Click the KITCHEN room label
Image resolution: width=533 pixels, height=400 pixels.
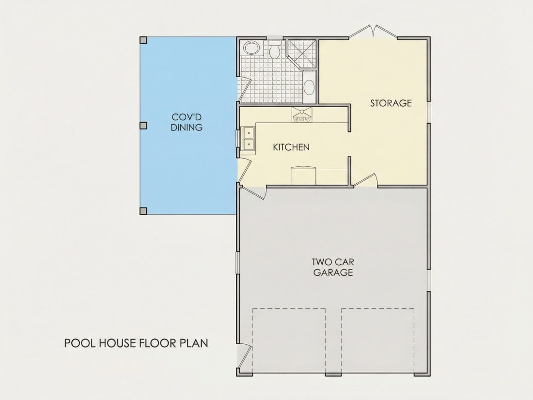pyautogui.click(x=291, y=147)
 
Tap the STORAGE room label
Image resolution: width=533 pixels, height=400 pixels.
pyautogui.click(x=391, y=103)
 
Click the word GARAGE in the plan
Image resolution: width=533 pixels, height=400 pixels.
pyautogui.click(x=333, y=272)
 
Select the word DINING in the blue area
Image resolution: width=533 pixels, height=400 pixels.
pyautogui.click(x=187, y=128)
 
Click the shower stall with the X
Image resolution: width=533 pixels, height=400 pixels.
pyautogui.click(x=302, y=54)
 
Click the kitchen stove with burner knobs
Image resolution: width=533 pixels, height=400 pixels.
pyautogui.click(x=302, y=115)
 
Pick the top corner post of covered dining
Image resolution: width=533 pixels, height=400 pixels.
pyautogui.click(x=143, y=40)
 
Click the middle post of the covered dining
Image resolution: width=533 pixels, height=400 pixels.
pyautogui.click(x=143, y=126)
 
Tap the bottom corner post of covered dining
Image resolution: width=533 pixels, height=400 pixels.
pyautogui.click(x=143, y=211)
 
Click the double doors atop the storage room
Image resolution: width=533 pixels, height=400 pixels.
pyautogui.click(x=373, y=32)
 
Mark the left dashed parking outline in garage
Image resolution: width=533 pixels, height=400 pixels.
pyautogui.click(x=289, y=340)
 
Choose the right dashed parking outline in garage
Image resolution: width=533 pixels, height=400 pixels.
pyautogui.click(x=378, y=340)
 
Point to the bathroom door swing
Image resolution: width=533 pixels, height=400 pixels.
pyautogui.click(x=245, y=90)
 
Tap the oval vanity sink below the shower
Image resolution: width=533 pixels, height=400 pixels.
pyautogui.click(x=309, y=87)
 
